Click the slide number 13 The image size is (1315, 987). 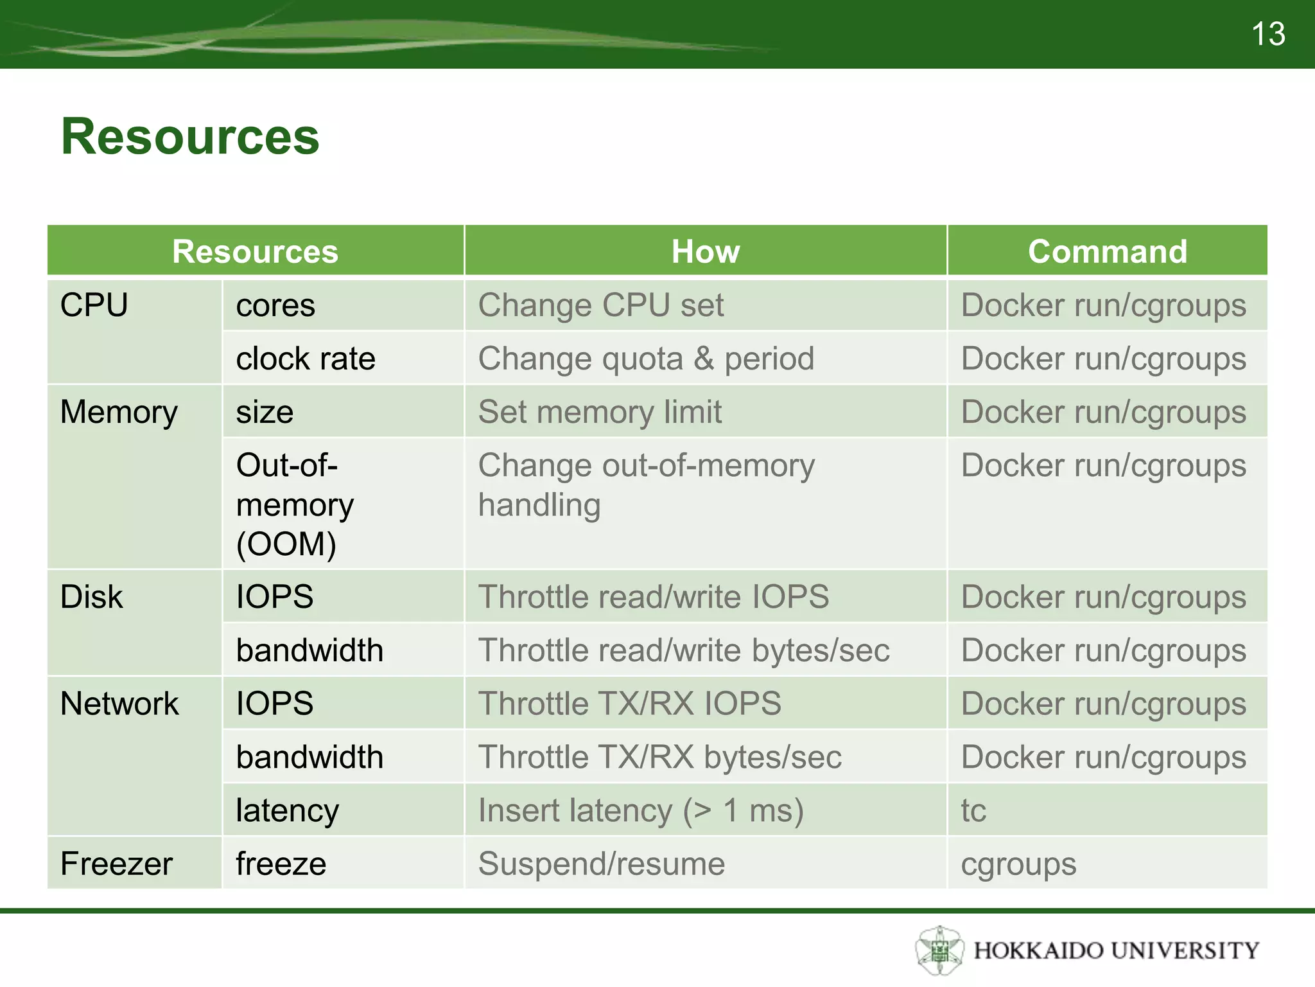(1267, 33)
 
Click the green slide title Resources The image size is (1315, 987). (190, 137)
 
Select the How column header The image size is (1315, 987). (705, 251)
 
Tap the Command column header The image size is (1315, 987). (1107, 251)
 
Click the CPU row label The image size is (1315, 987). (94, 305)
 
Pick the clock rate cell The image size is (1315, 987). (306, 359)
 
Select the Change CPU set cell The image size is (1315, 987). (601, 305)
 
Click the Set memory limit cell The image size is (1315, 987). (600, 412)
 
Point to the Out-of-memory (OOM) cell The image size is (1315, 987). (295, 504)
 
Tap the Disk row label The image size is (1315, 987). (91, 597)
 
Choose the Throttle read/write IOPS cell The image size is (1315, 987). (653, 597)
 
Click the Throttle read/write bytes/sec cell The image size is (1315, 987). (684, 650)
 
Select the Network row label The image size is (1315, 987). (119, 704)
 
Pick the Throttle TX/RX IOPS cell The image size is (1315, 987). (629, 704)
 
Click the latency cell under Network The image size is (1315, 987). (287, 810)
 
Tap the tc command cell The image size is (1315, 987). (973, 810)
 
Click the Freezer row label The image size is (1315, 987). (116, 864)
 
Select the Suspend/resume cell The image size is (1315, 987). (601, 864)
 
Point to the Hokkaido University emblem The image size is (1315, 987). (939, 950)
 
